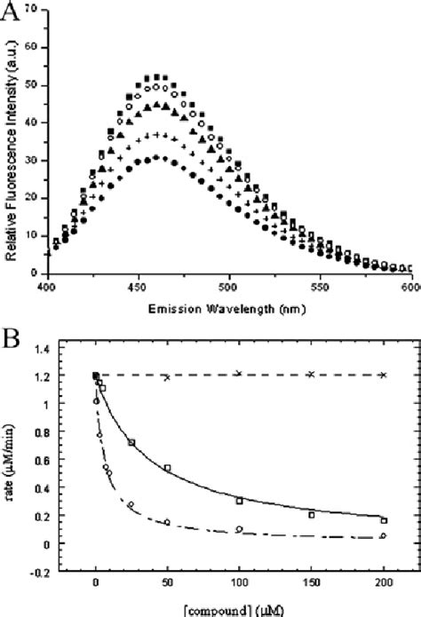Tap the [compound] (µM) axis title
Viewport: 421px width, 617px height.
[x=240, y=611]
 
